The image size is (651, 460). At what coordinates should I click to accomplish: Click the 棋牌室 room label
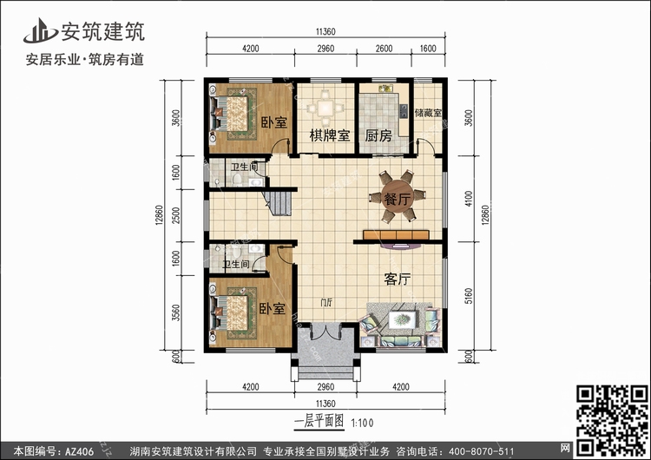(x=330, y=135)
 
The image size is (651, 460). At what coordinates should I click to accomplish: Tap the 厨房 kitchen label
(x=378, y=135)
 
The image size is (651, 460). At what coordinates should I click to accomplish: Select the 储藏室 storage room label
(x=428, y=113)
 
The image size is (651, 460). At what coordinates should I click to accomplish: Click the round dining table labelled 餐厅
(x=397, y=196)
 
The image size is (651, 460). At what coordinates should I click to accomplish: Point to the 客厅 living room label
(x=398, y=279)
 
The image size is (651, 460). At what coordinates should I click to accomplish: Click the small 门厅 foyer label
(x=326, y=302)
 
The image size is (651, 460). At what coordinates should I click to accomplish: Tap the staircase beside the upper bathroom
(x=278, y=203)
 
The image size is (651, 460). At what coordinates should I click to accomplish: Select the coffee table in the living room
(x=402, y=319)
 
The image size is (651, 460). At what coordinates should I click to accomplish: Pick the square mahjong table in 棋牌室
(x=325, y=108)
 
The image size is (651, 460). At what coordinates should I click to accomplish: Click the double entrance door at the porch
(x=326, y=332)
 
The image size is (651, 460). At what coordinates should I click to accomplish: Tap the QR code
(x=612, y=421)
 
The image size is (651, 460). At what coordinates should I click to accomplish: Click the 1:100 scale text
(x=362, y=423)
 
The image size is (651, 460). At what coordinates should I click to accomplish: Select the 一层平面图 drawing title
(x=319, y=422)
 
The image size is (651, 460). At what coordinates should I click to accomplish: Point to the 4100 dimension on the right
(x=469, y=199)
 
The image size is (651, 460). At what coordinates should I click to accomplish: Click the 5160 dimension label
(x=469, y=296)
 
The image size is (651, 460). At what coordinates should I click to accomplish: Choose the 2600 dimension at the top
(x=384, y=49)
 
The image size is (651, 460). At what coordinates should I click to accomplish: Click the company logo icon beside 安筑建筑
(x=40, y=30)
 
